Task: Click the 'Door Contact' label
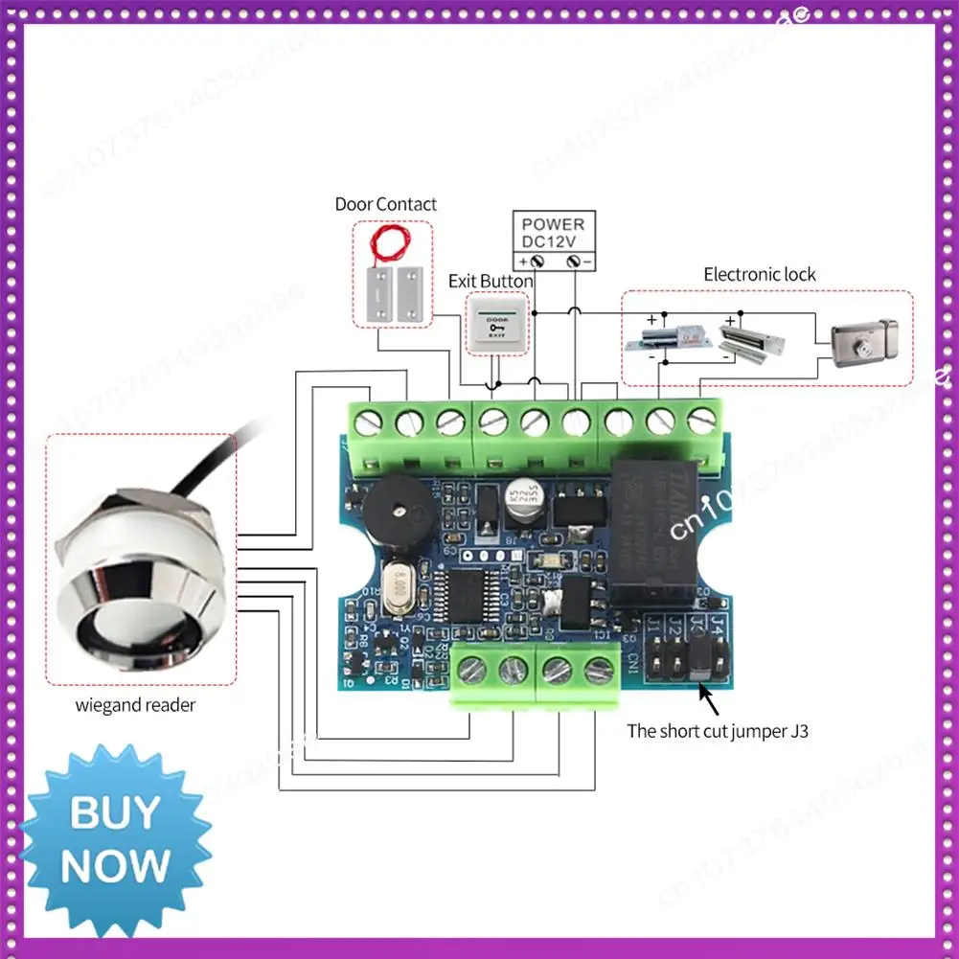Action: pos(385,204)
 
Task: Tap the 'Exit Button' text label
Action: pos(491,281)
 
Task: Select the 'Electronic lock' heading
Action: pos(760,274)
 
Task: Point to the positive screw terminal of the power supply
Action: pos(537,261)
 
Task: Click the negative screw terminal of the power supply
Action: pos(574,261)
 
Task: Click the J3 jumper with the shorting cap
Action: pos(697,658)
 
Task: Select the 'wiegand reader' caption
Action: pos(135,706)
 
